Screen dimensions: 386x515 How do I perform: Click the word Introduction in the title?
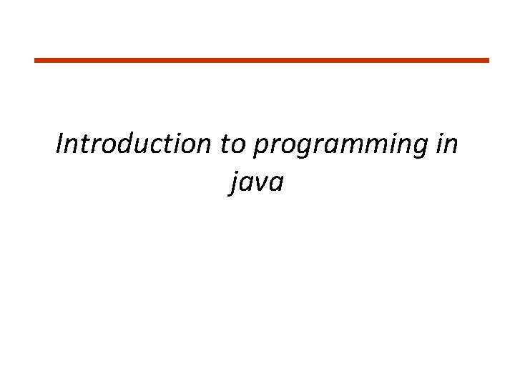tap(134, 144)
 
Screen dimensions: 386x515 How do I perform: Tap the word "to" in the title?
tap(232, 144)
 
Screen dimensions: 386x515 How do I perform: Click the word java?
tap(257, 184)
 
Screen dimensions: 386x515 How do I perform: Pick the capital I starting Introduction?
tap(60, 144)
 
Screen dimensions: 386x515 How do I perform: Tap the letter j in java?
tap(234, 185)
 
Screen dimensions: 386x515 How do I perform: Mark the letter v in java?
tap(262, 184)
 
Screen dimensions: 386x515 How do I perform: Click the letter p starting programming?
tap(260, 148)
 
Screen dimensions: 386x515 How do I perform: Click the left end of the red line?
tap(36, 60)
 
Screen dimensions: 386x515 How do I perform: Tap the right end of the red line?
tap(488, 60)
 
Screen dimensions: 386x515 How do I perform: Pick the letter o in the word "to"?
tap(239, 146)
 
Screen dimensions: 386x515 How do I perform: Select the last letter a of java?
tap(277, 184)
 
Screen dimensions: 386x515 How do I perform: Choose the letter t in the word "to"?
tap(225, 144)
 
